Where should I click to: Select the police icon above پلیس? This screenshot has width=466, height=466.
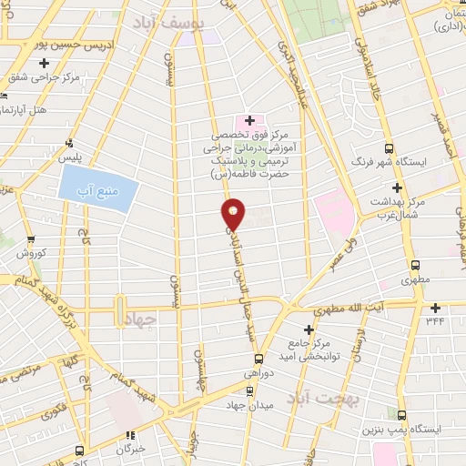click(x=69, y=142)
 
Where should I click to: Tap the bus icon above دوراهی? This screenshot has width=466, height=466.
click(x=258, y=358)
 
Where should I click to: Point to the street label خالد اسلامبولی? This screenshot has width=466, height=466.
click(x=375, y=73)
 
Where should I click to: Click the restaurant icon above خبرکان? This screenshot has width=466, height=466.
click(x=129, y=435)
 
